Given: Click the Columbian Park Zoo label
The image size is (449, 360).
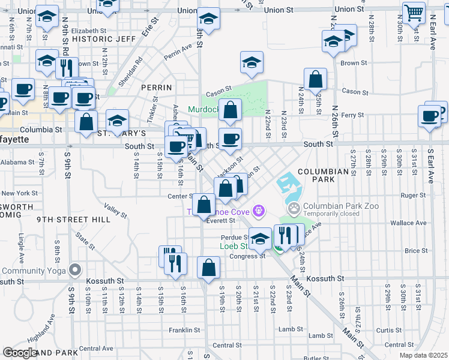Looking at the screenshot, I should pos(331,205).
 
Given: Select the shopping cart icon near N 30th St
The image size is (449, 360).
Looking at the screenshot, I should pos(414,12).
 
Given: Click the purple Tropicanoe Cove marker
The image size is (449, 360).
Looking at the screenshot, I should pos(259,210).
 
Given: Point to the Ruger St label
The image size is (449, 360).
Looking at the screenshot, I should pos(412,195).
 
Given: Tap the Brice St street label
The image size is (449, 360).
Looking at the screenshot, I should pos(415,251).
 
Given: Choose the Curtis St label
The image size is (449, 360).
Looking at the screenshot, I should pos(388,330).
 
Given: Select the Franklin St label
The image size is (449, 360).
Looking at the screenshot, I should pos(184,330).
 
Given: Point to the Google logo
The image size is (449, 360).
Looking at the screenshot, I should pos(20,353).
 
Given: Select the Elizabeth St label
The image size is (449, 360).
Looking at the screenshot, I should pos(88,31).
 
